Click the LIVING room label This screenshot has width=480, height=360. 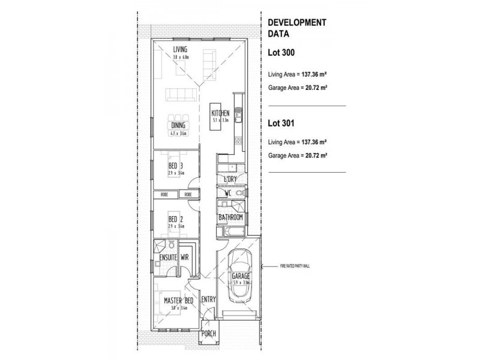pos(180,49)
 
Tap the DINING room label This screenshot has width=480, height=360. pos(178,125)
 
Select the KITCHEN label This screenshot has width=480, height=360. pos(220,113)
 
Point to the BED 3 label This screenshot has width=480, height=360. pos(175,166)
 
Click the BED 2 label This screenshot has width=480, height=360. pos(175,220)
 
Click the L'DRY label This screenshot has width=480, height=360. pos(230,179)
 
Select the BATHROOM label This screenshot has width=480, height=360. pos(230,217)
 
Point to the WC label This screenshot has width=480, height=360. pos(228,194)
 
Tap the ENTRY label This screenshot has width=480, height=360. pos(208,300)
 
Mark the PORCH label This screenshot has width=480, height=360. pos(208,334)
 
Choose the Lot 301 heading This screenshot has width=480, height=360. pos(280,122)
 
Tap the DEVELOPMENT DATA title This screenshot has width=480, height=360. pos(296,28)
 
